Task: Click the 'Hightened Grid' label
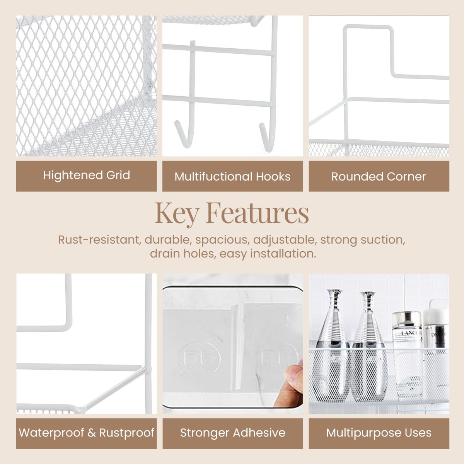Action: click(87, 175)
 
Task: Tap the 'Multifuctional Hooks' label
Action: click(232, 176)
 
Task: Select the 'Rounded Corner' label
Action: click(379, 176)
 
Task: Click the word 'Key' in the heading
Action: click(176, 213)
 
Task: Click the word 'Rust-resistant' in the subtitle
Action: click(99, 240)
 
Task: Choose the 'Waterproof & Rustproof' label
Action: click(87, 432)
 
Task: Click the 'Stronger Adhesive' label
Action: click(232, 432)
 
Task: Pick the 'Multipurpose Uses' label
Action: click(379, 432)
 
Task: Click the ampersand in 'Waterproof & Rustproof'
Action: click(91, 432)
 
